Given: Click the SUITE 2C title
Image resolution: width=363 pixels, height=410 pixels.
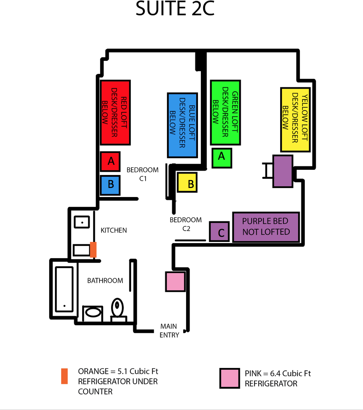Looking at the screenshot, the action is point(175,8).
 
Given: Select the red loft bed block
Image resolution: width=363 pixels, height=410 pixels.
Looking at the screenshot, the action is point(115,113).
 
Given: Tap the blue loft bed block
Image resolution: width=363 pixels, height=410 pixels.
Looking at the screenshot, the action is point(182,126).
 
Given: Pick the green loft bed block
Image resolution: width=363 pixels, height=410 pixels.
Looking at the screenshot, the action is point(225,112).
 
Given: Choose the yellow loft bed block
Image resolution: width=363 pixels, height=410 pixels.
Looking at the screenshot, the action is point(295,120).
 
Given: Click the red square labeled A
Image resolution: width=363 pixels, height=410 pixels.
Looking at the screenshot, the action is point(110,161).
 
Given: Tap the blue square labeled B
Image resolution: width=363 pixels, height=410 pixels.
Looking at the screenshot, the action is point(110,185).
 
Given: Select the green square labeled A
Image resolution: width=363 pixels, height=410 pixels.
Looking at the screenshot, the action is point(222,158).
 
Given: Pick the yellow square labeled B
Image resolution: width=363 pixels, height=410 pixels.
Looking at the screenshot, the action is point(187,182).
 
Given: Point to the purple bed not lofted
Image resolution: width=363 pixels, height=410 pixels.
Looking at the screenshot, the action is point(266,227).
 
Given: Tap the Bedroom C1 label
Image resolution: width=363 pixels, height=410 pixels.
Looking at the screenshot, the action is point(143,174).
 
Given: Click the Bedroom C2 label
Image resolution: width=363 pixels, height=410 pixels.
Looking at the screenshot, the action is point(186,224).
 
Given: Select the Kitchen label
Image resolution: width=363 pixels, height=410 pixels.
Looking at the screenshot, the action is point(114,230).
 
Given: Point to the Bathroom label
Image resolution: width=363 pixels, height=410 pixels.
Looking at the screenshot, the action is point(105,281).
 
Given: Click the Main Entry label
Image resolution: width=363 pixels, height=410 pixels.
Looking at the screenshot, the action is point(169,331).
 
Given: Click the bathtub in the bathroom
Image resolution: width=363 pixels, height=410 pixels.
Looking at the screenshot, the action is point(64,289).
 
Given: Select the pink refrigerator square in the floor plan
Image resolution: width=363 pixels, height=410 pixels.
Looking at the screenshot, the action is point(176,281).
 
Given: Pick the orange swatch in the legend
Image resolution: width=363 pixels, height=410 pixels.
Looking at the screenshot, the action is point(64,376).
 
